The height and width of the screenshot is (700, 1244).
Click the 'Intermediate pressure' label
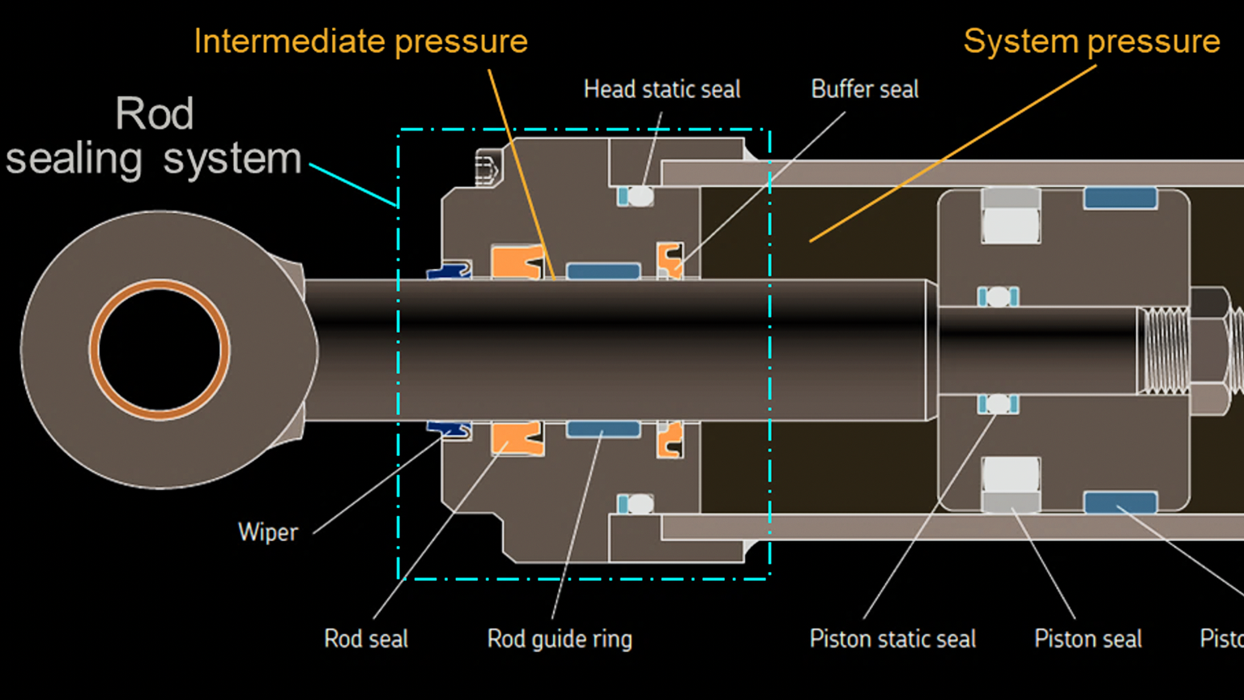(x=360, y=41)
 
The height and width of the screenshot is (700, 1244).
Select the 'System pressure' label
(x=1091, y=41)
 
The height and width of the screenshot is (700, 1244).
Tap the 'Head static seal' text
(x=662, y=89)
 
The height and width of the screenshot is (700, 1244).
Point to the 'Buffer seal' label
(x=864, y=89)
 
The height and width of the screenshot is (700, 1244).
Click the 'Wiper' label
(x=268, y=532)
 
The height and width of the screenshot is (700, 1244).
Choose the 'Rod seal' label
(x=366, y=638)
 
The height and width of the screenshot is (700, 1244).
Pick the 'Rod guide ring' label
(x=560, y=638)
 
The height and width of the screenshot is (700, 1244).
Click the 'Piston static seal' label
(x=893, y=638)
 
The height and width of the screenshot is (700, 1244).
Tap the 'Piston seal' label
(x=1088, y=638)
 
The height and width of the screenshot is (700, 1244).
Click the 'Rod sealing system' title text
(x=154, y=136)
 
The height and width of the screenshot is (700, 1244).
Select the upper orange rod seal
(x=517, y=262)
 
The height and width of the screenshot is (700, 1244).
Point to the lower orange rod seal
(x=517, y=437)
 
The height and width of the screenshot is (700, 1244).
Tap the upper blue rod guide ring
(x=603, y=271)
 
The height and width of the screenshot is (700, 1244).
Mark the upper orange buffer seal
(x=669, y=259)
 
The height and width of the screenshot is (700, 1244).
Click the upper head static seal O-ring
(x=640, y=195)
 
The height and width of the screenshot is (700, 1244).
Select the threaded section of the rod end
(x=1163, y=350)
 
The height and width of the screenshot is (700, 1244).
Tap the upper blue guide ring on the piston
(x=1120, y=198)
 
